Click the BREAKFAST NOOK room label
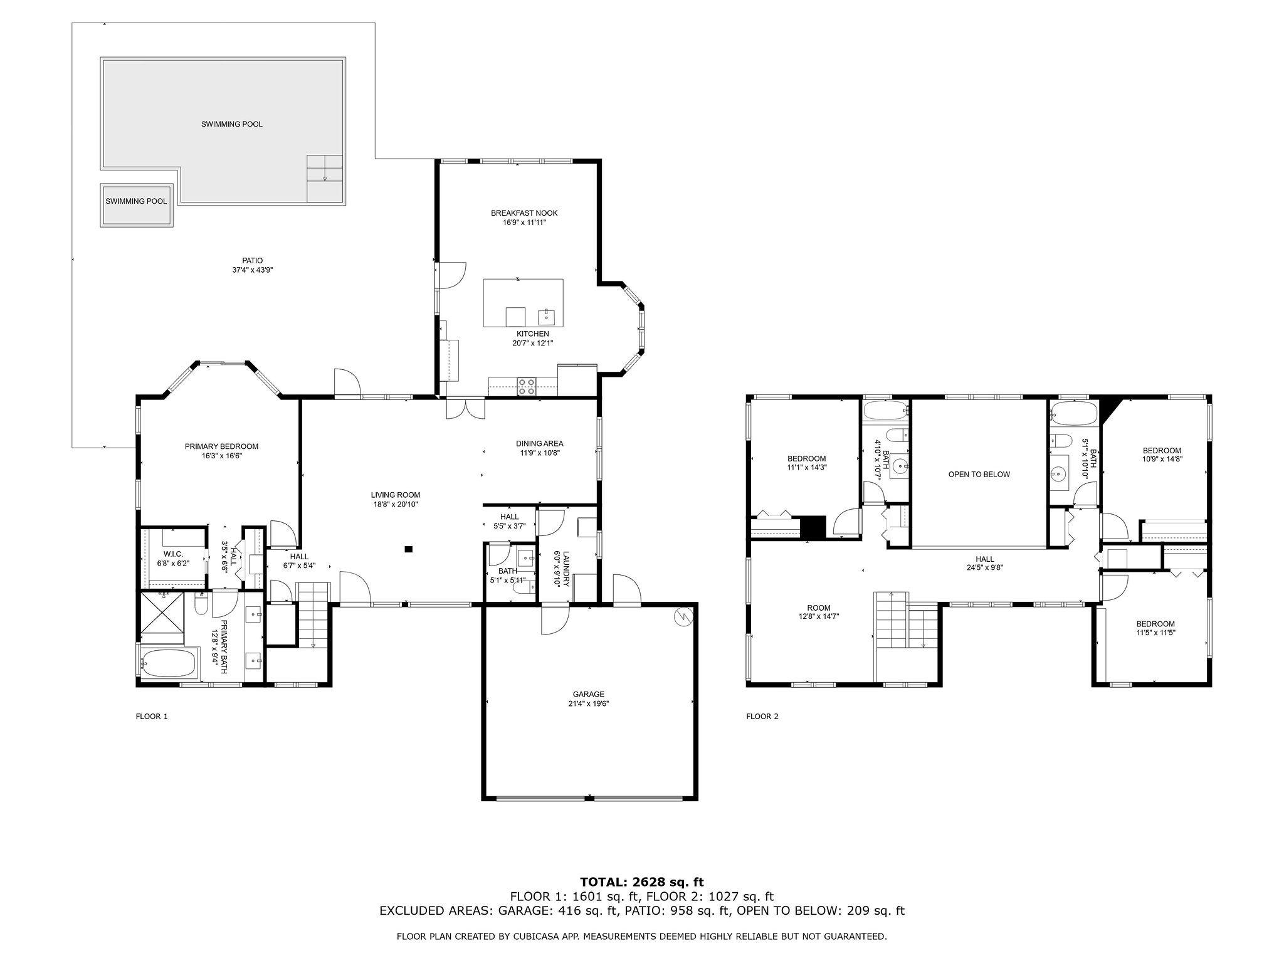(524, 213)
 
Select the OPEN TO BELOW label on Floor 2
(979, 474)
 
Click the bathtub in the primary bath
(168, 663)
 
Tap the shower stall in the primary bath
(162, 612)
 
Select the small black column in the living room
(409, 549)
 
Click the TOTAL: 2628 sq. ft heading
(641, 882)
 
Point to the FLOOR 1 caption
(152, 716)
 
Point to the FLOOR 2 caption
(762, 716)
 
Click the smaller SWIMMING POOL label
(136, 201)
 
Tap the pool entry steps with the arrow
(325, 178)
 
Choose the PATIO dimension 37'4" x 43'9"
(253, 270)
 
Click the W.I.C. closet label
(173, 554)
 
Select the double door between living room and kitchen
(465, 409)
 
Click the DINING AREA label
(540, 443)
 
